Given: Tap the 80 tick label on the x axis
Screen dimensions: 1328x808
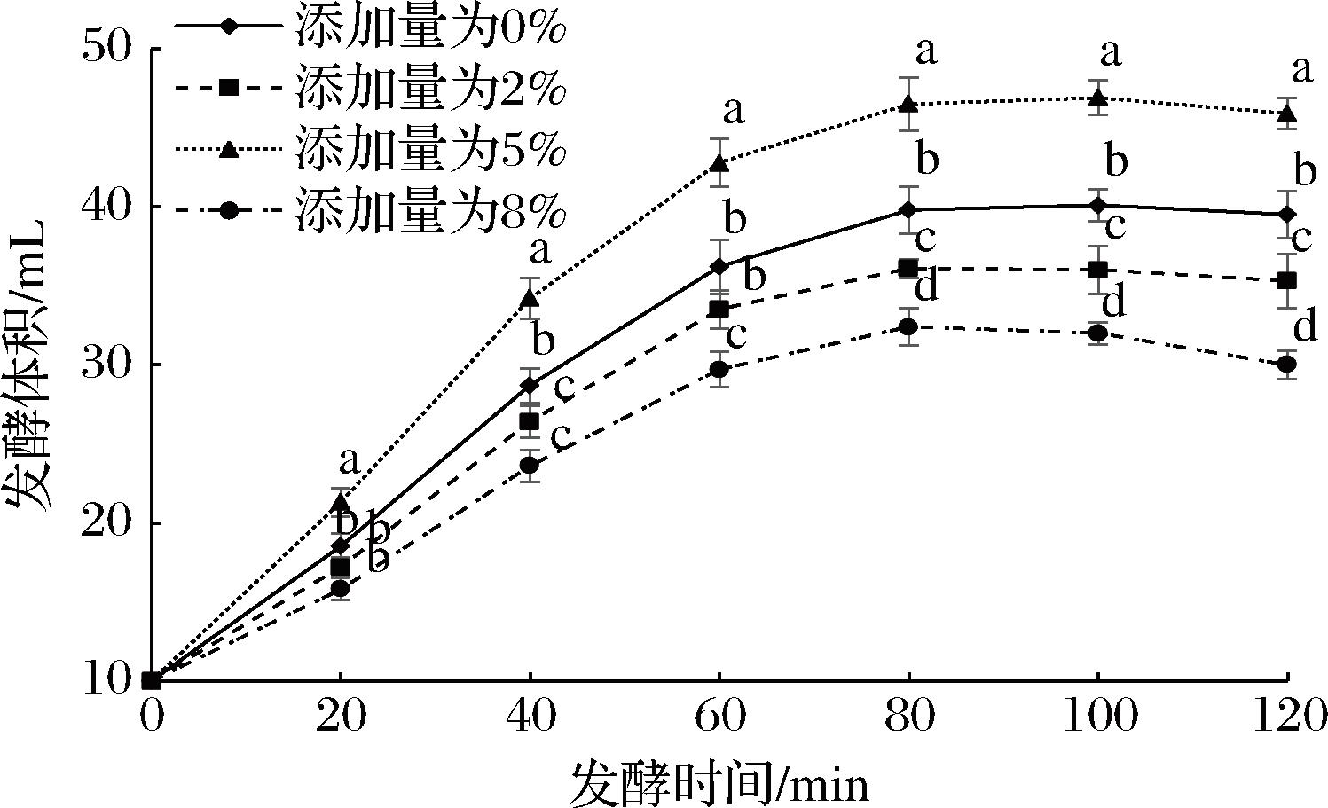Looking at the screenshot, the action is pos(908,715).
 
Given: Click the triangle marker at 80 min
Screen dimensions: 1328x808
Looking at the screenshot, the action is pos(908,104).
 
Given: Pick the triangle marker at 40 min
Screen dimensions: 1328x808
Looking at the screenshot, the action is pos(529,298).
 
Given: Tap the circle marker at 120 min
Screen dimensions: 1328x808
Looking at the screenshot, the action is pos(1286,364).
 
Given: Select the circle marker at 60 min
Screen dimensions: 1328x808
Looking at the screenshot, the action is pos(719,369).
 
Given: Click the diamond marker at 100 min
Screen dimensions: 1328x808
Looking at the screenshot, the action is pos(1098,206).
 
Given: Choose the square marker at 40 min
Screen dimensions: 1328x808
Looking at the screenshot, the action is pos(529,421).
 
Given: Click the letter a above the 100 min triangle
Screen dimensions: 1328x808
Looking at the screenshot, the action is pos(1111,53).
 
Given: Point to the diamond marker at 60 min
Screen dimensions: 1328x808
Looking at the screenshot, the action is pos(719,267).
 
